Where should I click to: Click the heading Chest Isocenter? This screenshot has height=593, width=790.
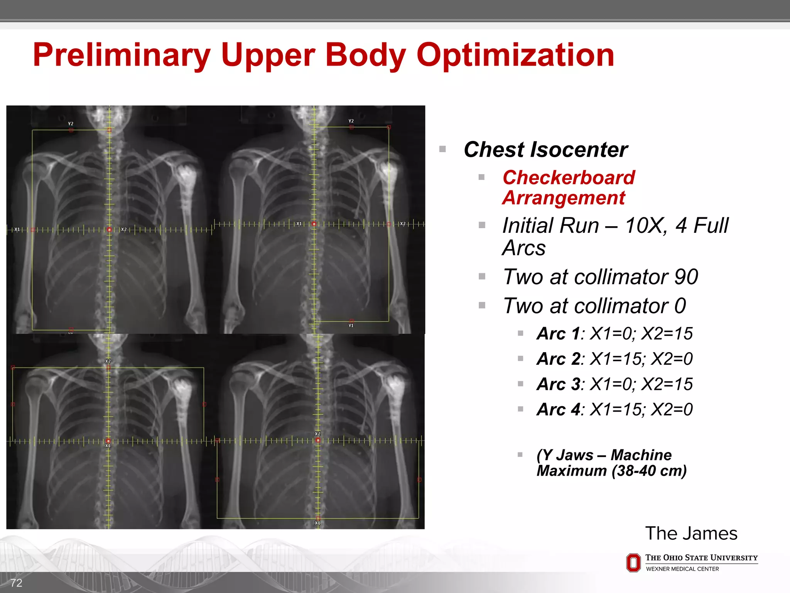click(545, 150)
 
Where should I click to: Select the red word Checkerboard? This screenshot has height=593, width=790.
click(569, 178)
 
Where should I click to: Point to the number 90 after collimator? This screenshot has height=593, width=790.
click(686, 277)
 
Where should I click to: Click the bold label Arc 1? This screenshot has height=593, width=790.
click(558, 334)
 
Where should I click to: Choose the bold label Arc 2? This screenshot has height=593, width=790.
click(558, 359)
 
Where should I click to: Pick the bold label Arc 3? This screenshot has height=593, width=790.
click(558, 384)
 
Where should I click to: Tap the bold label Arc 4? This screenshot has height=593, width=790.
click(558, 410)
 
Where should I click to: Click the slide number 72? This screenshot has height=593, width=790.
click(16, 583)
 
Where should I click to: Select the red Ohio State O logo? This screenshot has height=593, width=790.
click(633, 563)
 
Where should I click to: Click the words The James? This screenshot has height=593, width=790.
click(691, 534)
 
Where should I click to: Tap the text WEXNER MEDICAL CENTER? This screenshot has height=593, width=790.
click(682, 569)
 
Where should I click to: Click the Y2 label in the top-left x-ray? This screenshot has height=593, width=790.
click(71, 124)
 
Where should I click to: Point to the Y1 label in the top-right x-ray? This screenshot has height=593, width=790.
click(351, 326)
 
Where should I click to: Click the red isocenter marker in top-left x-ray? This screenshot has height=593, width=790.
click(110, 230)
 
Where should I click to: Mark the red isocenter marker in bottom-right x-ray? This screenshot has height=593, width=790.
click(318, 440)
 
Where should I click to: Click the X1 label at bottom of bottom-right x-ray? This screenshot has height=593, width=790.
click(317, 523)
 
